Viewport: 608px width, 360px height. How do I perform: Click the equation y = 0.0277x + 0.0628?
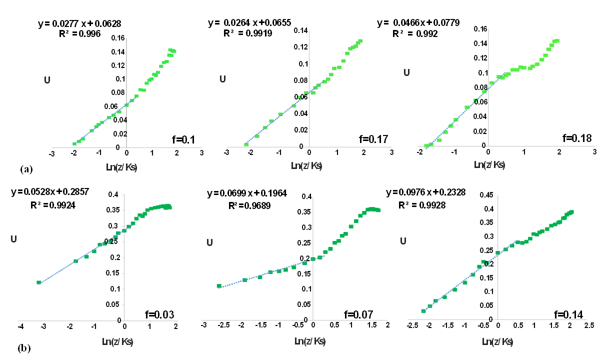pos(79,23)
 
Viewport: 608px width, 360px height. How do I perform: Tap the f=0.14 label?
pos(568,314)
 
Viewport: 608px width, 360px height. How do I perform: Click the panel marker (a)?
pos(26,169)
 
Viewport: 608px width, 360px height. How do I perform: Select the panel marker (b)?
pos(23,348)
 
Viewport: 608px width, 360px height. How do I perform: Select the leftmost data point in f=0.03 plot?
pos(38,282)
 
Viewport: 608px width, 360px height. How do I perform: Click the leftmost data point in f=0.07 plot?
pos(218,286)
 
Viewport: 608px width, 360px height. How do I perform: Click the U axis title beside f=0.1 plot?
pos(47,79)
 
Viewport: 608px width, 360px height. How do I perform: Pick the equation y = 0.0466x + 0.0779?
pos(418,23)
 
